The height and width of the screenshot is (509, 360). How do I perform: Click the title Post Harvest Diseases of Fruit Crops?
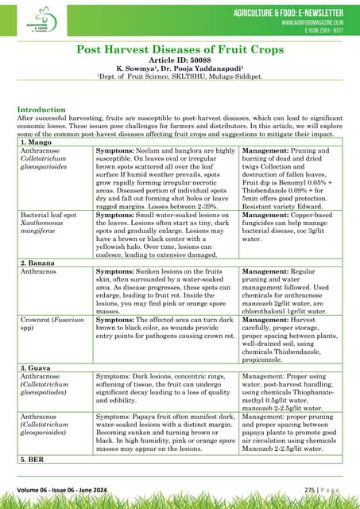pos(180,49)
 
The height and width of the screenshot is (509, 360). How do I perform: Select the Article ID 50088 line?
pos(180,60)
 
